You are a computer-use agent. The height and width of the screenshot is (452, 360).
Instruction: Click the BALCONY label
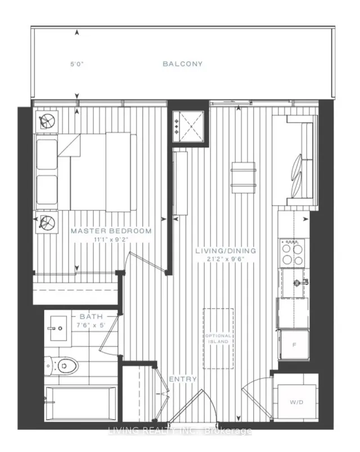coord(182,64)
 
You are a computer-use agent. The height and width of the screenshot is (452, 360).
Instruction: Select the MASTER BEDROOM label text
coord(111,231)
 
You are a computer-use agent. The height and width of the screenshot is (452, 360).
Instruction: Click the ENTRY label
coord(183,379)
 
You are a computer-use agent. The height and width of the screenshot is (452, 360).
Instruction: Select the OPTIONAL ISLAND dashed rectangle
coord(218,338)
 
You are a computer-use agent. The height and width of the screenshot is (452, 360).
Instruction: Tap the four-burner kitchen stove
coord(292,252)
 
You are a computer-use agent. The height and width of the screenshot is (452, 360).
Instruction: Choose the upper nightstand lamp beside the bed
coord(47,120)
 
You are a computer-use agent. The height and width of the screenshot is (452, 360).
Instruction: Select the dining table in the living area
coord(243,176)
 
